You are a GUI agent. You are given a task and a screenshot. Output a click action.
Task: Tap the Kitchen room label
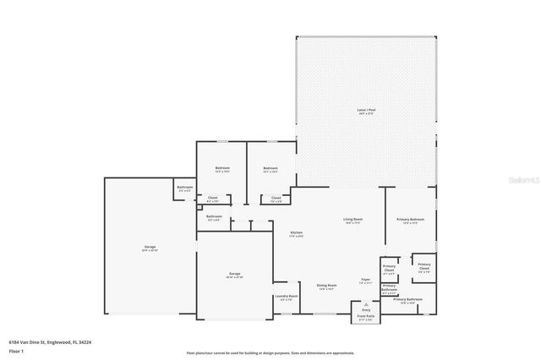tap(297, 234)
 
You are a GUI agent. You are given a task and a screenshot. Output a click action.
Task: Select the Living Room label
tap(352, 221)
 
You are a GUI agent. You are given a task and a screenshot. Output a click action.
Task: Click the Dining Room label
tap(326, 286)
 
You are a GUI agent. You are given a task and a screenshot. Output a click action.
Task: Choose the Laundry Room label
tap(286, 297)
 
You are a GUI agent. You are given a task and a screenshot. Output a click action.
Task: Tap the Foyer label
tap(366, 280)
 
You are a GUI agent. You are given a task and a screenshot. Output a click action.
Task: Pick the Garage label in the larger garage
tap(149, 248)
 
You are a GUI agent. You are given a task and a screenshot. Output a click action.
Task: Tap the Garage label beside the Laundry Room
tap(234, 275)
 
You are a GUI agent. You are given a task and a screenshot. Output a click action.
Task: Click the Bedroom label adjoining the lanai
tap(270, 169)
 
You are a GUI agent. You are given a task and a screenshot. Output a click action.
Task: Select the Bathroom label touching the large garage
tap(184, 188)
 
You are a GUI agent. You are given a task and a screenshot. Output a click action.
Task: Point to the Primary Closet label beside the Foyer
tap(389, 271)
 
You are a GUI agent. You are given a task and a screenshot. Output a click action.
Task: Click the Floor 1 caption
tap(15, 350)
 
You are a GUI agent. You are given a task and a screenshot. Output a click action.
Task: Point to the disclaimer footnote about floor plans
tap(270, 352)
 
